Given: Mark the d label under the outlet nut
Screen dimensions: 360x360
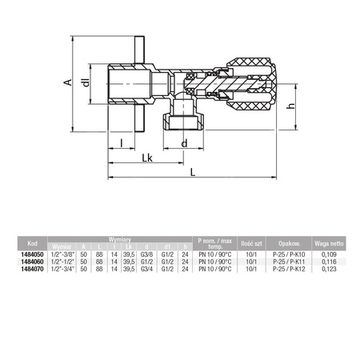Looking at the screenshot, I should pos(186,144).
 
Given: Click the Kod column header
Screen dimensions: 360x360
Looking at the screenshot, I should pos(33,242).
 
